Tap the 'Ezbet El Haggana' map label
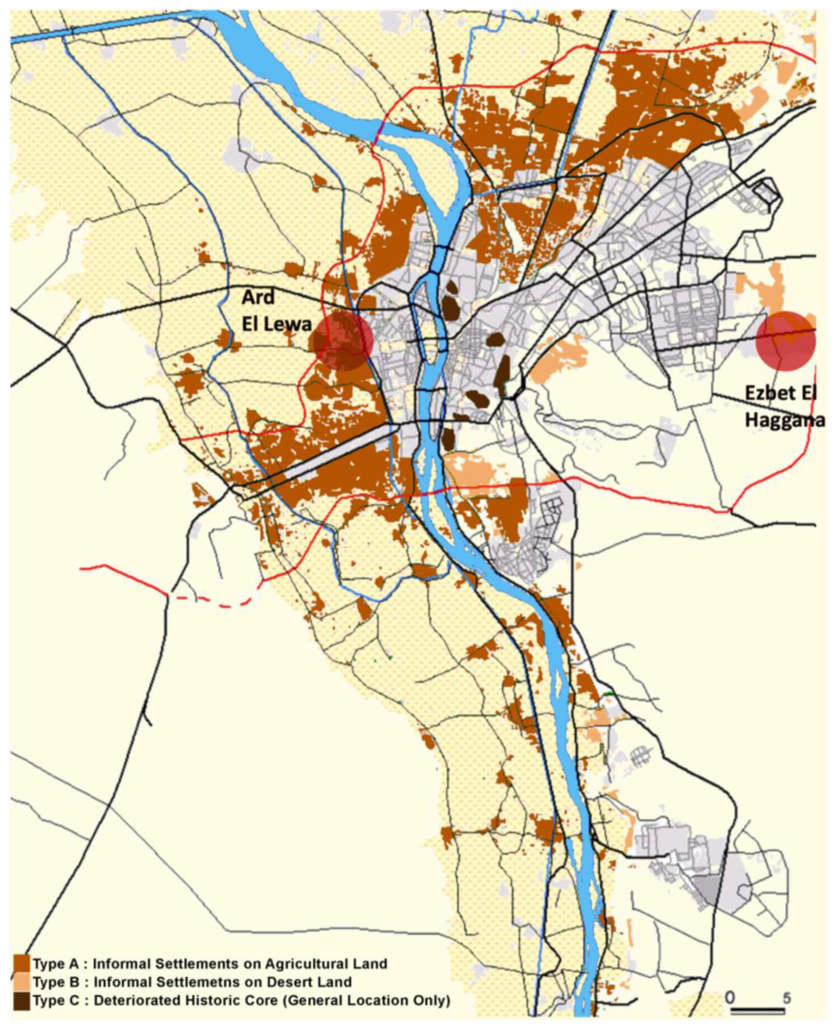784,406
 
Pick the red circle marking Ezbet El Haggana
785,341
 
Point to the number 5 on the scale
787,998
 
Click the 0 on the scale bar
730,997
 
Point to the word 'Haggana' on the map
785,420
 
